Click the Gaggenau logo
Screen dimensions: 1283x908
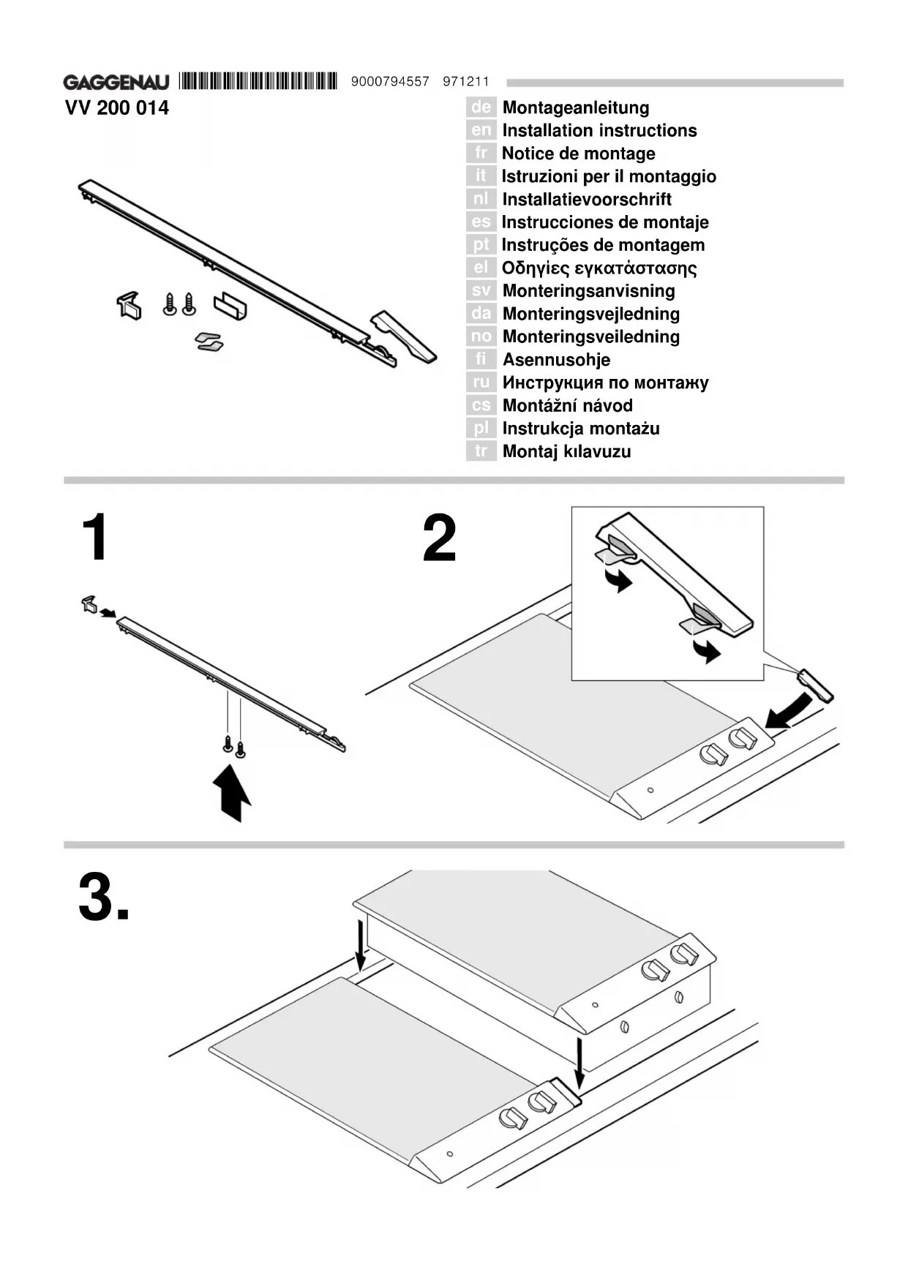(x=116, y=82)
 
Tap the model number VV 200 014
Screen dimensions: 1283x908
(x=117, y=108)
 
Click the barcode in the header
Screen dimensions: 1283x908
(x=257, y=80)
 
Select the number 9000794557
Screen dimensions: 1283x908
(x=390, y=82)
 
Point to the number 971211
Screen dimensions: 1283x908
(x=465, y=82)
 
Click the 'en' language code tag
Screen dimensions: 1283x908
(x=481, y=130)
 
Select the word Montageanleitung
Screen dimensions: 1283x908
(x=576, y=108)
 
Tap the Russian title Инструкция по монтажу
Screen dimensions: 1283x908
(x=605, y=383)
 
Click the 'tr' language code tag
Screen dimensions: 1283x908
(x=481, y=451)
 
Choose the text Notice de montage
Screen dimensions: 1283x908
(x=578, y=154)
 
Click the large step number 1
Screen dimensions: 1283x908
(x=96, y=538)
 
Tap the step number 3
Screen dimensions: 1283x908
(x=103, y=898)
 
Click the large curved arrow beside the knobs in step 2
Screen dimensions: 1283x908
(x=790, y=711)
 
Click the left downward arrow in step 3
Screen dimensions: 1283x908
(x=360, y=944)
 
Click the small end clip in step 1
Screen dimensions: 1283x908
(x=89, y=605)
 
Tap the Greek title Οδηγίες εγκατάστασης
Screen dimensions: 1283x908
(x=599, y=268)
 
